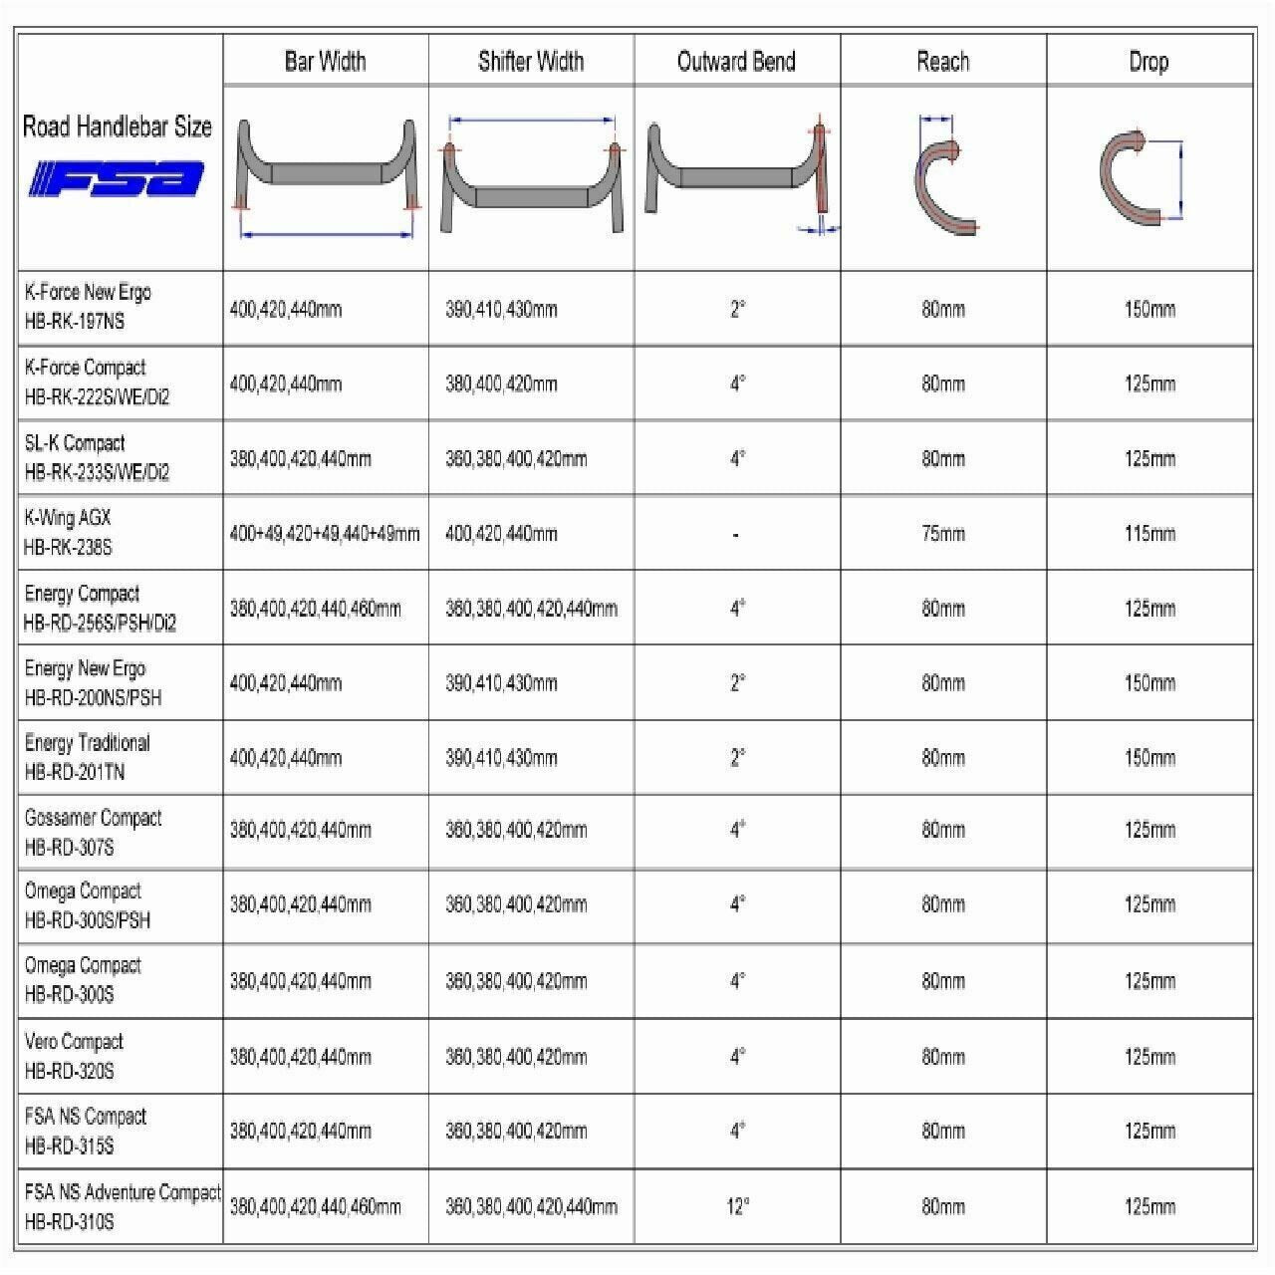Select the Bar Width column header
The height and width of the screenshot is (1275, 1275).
pos(325,62)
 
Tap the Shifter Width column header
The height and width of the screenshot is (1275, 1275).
pos(531,62)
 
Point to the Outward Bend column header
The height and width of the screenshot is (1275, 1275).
pos(736,62)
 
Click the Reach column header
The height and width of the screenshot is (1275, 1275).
pos(942,62)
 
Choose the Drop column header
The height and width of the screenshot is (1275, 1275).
pos(1148,62)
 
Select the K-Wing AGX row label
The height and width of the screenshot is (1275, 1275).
pos(68,532)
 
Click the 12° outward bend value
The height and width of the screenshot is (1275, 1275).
pos(737,1206)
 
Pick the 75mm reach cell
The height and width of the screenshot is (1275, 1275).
pos(942,534)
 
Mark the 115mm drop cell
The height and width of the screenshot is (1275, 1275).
pos(1149,534)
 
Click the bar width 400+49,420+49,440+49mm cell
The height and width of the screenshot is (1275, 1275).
pos(325,534)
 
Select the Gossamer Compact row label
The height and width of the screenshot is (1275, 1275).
pos(93,832)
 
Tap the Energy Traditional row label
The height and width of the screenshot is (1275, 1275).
pos(87,757)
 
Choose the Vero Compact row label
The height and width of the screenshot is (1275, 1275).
pos(74,1056)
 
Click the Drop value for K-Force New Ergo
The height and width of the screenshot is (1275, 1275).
pos(1149,309)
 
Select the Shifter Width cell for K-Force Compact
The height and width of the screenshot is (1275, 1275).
pos(501,383)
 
